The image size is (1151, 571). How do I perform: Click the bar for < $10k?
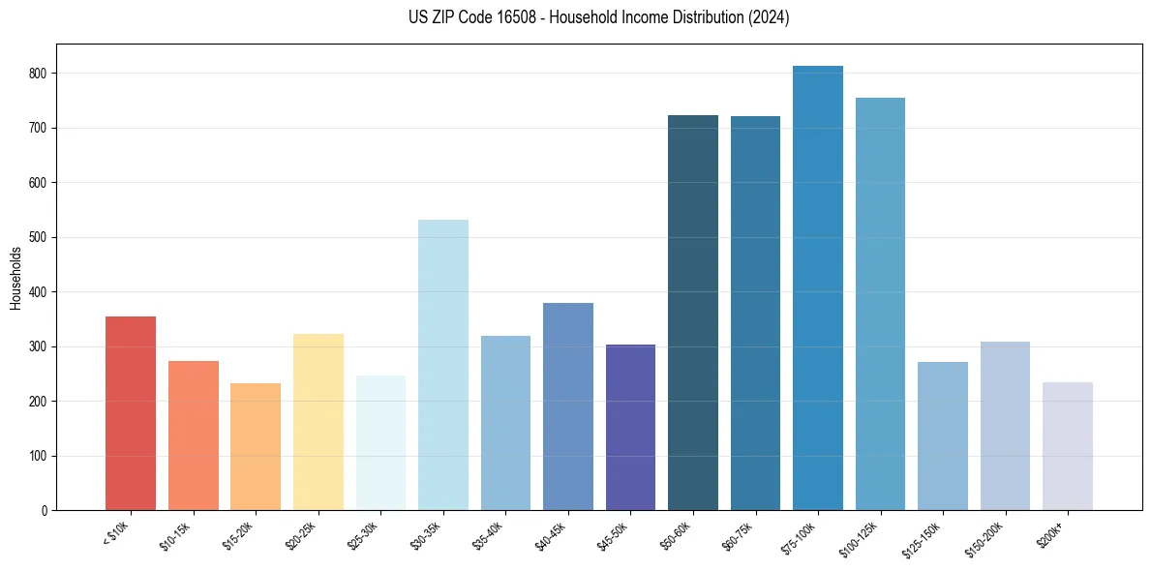(x=131, y=413)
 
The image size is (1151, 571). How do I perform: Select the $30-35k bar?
(x=443, y=365)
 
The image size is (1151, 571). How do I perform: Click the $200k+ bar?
(x=1068, y=446)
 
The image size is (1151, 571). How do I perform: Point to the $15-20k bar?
(x=256, y=446)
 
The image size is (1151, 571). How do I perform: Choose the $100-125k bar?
(x=880, y=304)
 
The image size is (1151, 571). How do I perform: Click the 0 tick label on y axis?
(x=45, y=511)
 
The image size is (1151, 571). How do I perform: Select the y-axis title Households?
(x=15, y=278)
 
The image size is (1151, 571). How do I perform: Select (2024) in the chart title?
(x=768, y=17)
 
